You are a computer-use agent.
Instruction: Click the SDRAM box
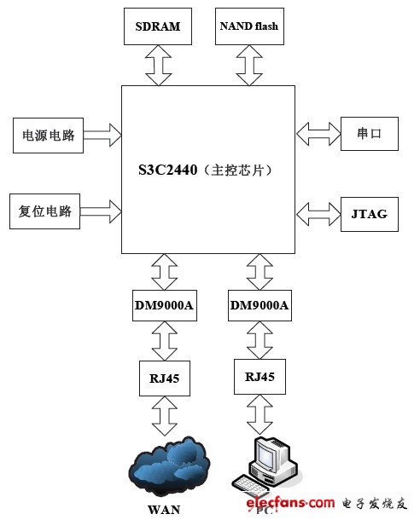coord(158,26)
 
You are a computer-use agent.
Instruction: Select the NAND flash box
coord(248,26)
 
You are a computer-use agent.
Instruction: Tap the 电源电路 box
coord(49,135)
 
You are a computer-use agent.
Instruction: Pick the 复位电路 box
coord(44,211)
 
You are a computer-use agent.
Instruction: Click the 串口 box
coord(369,134)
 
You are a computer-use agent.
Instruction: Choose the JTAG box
coord(369,213)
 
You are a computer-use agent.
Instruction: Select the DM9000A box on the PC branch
coord(260,304)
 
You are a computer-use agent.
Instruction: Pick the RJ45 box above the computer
coord(260,375)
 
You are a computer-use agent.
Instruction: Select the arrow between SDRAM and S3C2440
coord(159,66)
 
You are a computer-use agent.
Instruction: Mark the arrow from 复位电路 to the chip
coord(101,207)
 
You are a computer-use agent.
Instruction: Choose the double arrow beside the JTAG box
coord(318,209)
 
